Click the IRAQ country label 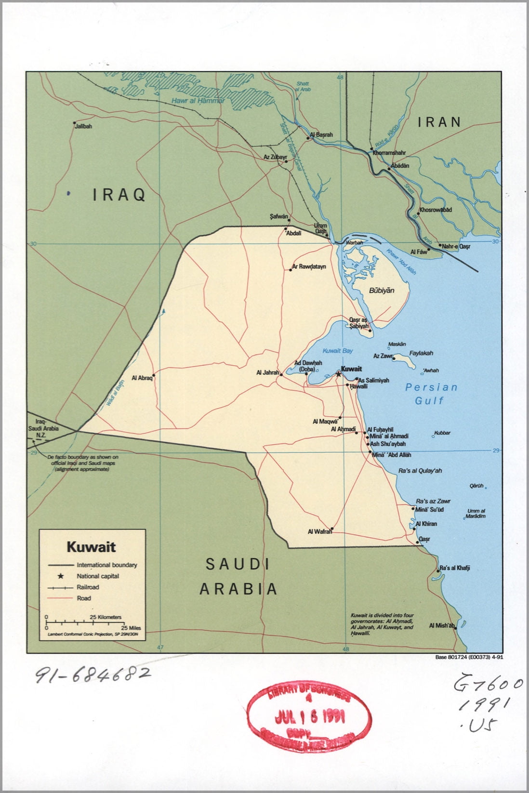(119, 195)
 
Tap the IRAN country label (439, 122)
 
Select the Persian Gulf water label (431, 394)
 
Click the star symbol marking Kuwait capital (338, 374)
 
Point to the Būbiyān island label (382, 291)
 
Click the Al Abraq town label (142, 378)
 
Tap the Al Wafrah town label (320, 532)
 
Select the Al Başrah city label (322, 135)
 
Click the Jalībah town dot (74, 123)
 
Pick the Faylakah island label (421, 353)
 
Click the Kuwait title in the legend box (91, 547)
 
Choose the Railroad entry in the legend (88, 587)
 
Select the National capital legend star (61, 576)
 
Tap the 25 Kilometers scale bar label (106, 617)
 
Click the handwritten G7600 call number (488, 684)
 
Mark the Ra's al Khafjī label (454, 568)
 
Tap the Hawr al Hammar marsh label (198, 101)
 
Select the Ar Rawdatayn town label (309, 266)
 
